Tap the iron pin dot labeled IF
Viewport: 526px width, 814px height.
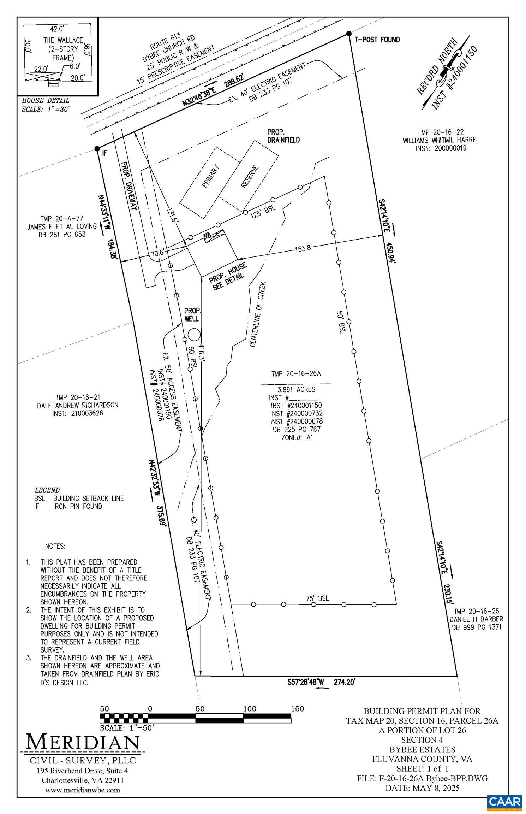coord(97,149)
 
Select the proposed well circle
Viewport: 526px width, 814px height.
coord(194,334)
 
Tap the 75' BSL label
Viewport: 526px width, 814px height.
coord(317,598)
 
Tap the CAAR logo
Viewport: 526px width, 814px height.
coord(504,800)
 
